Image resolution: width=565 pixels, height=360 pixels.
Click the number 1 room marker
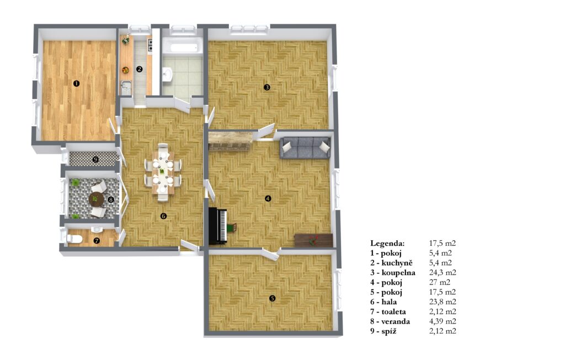pyautogui.click(x=76, y=84)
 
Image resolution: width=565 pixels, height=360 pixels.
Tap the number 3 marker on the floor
pyautogui.click(x=266, y=87)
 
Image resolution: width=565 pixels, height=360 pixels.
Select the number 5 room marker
pyautogui.click(x=273, y=298)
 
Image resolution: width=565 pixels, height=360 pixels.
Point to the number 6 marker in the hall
pyautogui.click(x=163, y=216)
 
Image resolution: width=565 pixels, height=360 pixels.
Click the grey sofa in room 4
pyautogui.click(x=305, y=147)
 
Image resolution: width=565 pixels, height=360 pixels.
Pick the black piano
pyautogui.click(x=218, y=226)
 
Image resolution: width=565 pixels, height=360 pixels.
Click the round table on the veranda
pyautogui.click(x=96, y=198)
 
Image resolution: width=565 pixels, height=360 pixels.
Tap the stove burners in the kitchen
pyautogui.click(x=150, y=45)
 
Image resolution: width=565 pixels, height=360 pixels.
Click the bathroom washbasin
pyautogui.click(x=168, y=75)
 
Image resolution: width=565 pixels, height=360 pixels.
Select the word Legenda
pyautogui.click(x=387, y=243)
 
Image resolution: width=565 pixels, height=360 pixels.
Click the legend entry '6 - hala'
pyautogui.click(x=383, y=302)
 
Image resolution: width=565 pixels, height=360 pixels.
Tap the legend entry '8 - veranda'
pyautogui.click(x=390, y=321)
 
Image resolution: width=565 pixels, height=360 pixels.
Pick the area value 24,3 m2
pyautogui.click(x=443, y=273)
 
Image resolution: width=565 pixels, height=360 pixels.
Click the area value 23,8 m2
pyautogui.click(x=443, y=302)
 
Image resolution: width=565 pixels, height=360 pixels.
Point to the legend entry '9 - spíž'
pyautogui.click(x=383, y=331)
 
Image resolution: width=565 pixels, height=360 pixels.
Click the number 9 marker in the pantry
pyautogui.click(x=95, y=160)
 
